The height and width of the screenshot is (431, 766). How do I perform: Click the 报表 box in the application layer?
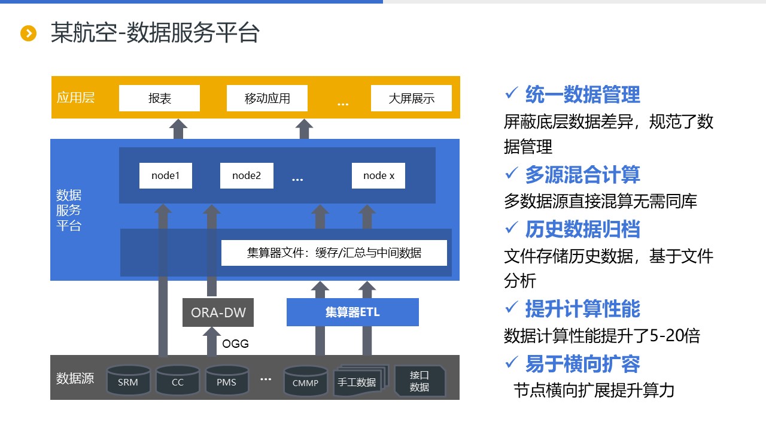(159, 98)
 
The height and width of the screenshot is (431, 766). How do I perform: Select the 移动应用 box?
(267, 98)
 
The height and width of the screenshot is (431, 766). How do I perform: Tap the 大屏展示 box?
(411, 98)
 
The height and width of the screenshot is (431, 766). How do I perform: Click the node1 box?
(166, 175)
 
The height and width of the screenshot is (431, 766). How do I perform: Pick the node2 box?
(247, 175)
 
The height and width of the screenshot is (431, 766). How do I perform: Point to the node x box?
(378, 175)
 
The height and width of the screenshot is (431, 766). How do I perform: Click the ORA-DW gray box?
(218, 312)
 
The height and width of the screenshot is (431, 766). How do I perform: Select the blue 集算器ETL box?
(352, 312)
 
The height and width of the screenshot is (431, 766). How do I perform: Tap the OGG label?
(235, 344)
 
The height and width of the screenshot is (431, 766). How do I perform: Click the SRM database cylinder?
(128, 381)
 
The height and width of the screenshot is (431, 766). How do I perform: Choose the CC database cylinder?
(178, 381)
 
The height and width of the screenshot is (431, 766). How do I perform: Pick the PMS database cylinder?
(227, 381)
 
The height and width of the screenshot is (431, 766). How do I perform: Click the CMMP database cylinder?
(306, 381)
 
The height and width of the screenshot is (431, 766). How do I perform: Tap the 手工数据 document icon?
(357, 382)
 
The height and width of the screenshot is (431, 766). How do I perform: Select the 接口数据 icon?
(420, 381)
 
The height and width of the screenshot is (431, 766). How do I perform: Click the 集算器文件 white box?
(334, 253)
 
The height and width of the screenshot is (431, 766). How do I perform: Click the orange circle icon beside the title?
(29, 33)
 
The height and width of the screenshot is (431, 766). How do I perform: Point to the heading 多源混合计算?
(582, 174)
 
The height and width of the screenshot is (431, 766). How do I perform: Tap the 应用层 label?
(75, 98)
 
